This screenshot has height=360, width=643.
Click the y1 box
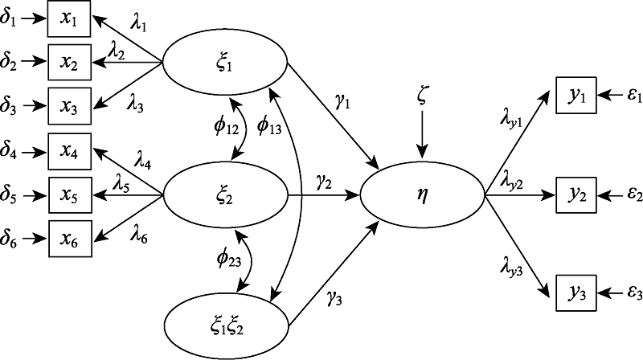576,96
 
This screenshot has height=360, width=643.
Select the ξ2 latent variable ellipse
225,194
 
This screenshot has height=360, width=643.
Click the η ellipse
421,194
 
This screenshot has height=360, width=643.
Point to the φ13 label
269,126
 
